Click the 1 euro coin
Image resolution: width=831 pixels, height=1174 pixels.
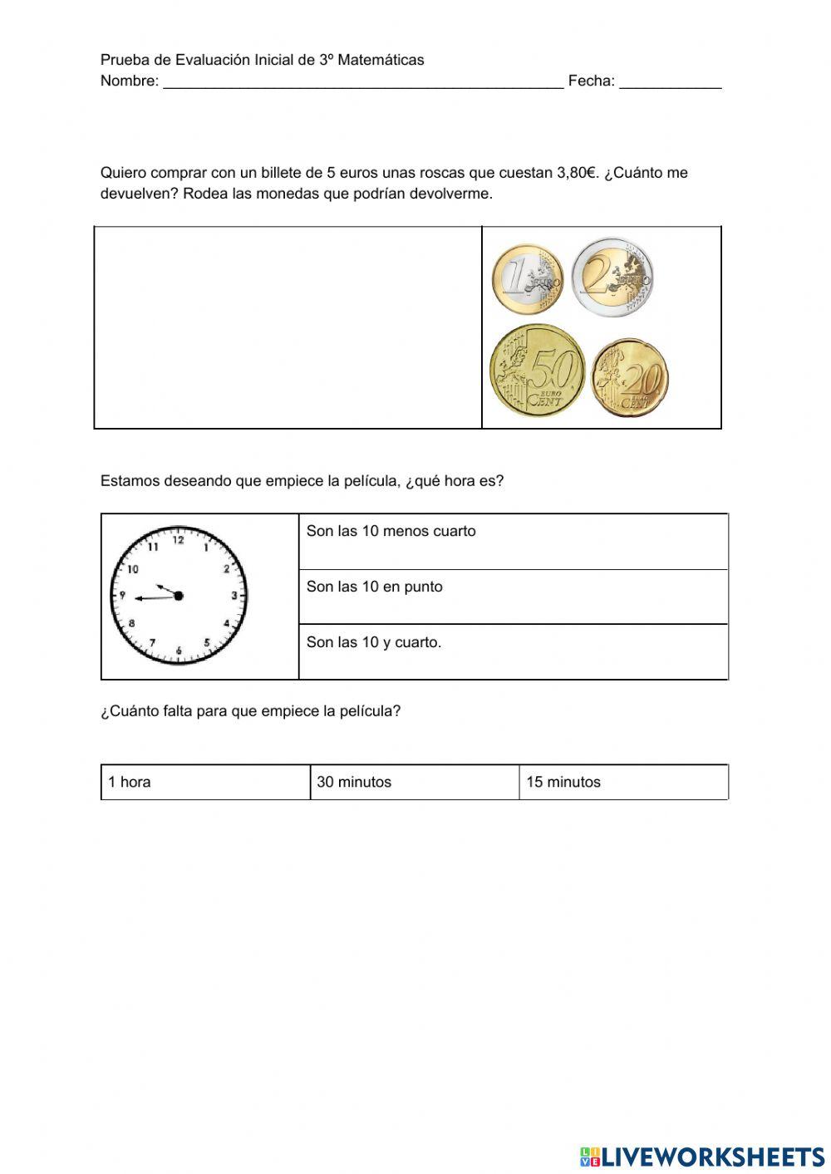pyautogui.click(x=527, y=279)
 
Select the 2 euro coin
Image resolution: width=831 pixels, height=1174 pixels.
pyautogui.click(x=613, y=277)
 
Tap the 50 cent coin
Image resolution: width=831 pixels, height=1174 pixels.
pyautogui.click(x=538, y=371)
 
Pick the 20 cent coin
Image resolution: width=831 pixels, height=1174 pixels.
pyautogui.click(x=630, y=378)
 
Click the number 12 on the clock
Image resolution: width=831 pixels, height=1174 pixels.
pyautogui.click(x=178, y=541)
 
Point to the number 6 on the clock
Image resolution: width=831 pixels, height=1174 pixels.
pyautogui.click(x=179, y=650)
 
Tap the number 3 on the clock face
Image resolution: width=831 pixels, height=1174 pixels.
pyautogui.click(x=234, y=596)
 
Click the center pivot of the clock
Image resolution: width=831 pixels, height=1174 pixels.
pyautogui.click(x=178, y=596)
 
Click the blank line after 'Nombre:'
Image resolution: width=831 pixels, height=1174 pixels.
pyautogui.click(x=363, y=81)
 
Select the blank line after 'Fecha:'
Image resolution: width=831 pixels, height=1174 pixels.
pyautogui.click(x=670, y=81)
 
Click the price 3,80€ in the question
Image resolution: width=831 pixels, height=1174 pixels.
pyautogui.click(x=577, y=173)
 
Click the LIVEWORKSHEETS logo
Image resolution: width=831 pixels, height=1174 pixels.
pyautogui.click(x=702, y=1156)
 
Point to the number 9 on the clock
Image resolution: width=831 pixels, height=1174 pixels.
pyautogui.click(x=122, y=596)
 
